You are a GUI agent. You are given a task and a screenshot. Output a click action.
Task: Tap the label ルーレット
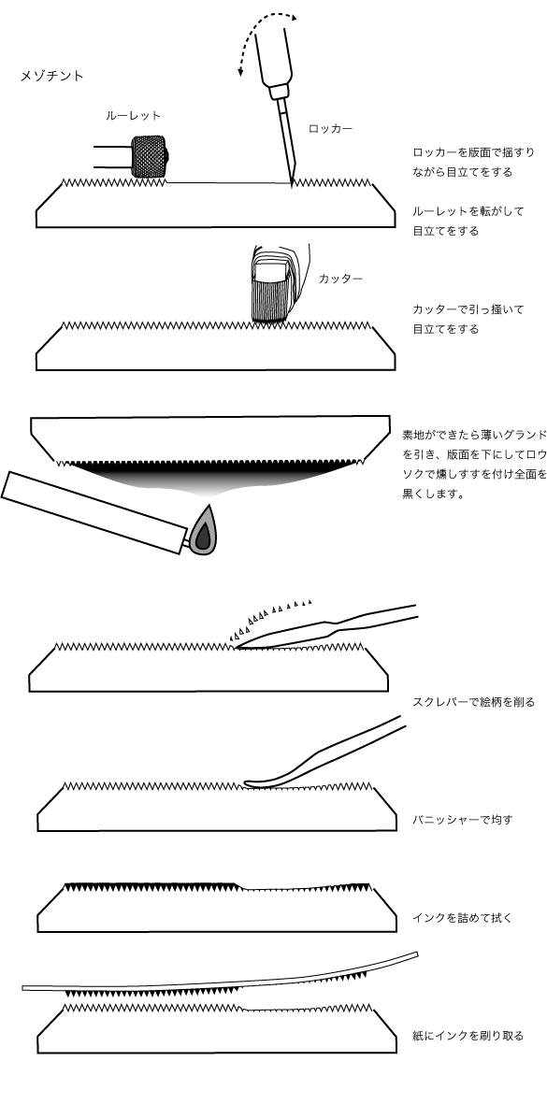[x=133, y=116]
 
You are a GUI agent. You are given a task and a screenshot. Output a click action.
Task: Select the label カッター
[x=340, y=279]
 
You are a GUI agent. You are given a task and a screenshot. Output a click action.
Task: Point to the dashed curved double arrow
[x=262, y=42]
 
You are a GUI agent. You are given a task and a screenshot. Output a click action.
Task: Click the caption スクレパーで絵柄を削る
[x=474, y=702]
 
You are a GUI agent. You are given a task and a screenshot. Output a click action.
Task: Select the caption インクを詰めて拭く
[x=462, y=918]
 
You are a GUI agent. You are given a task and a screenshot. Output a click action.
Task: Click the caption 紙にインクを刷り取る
[x=468, y=1036]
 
